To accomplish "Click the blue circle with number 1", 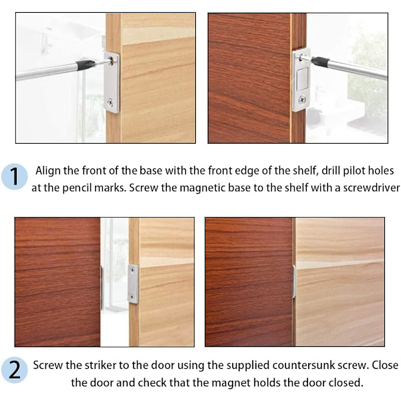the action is coord(14,176).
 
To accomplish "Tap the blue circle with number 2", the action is coord(14,370).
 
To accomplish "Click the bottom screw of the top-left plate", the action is coord(111,102).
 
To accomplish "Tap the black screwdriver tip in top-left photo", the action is coord(86,65).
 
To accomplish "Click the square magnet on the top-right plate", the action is coord(302,79).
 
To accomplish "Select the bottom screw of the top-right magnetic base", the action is coord(302,99).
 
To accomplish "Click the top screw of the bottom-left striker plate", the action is coord(132,269).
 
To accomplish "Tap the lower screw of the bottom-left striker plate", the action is coord(132,297).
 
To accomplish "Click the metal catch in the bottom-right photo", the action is coord(294,281).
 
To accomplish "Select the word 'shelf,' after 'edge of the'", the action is coord(305,171).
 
